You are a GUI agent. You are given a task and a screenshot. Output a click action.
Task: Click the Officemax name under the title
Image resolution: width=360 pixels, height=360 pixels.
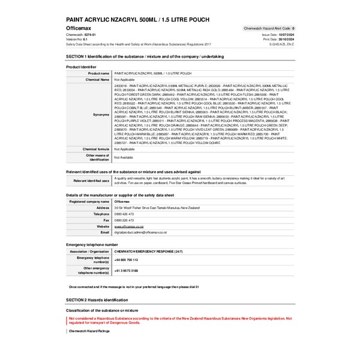point(79,28)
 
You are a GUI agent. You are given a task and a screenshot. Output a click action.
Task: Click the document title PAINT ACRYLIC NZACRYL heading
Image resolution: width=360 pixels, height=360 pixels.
point(137,19)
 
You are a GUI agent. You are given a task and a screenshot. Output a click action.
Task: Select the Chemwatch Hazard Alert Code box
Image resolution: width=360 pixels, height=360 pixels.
point(268,28)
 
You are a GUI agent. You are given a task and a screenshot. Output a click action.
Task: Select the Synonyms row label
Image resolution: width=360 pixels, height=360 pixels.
point(101,113)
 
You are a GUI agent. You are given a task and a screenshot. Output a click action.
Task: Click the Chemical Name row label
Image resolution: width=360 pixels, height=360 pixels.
point(97,79)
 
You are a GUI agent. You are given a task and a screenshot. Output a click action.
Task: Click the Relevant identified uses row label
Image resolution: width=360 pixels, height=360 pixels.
point(91,180)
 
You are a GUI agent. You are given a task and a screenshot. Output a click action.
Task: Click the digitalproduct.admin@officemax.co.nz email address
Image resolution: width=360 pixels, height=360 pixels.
point(140,232)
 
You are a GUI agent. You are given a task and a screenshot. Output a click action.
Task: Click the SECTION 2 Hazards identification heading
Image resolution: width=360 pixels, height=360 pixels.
point(97,299)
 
